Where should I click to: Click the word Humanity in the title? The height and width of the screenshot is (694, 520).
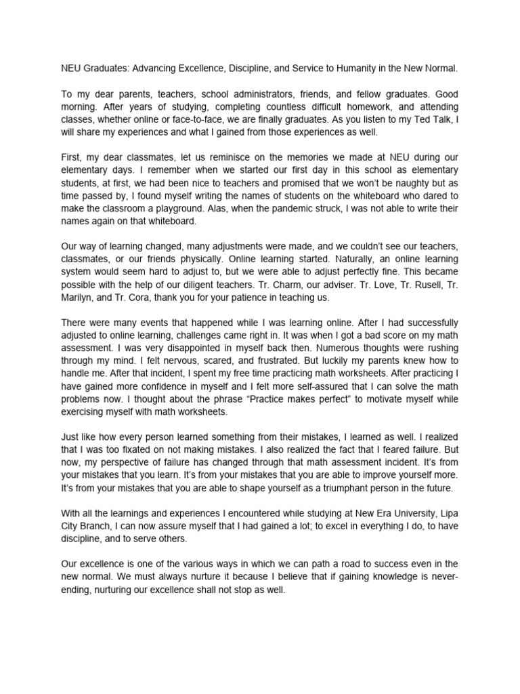pos(357,68)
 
